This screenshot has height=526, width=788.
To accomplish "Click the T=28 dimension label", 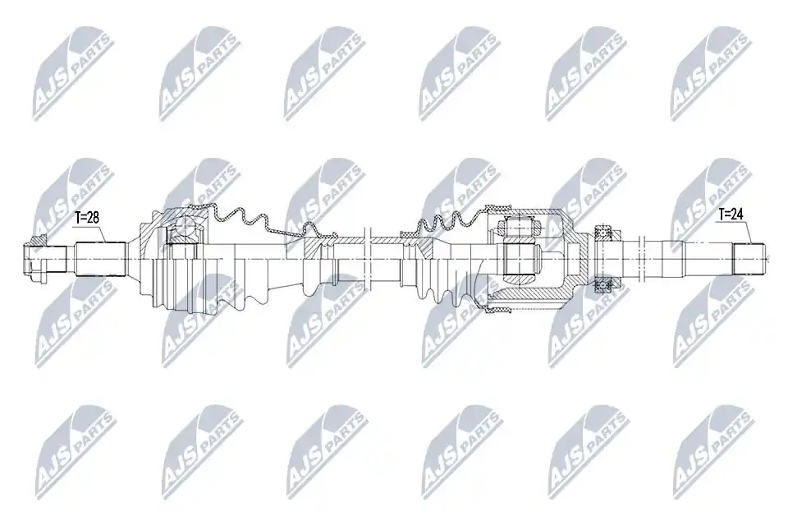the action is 86,218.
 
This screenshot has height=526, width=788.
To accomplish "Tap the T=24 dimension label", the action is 731,215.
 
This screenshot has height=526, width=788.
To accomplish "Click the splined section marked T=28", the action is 100,259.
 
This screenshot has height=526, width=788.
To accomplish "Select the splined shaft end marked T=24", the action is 749,259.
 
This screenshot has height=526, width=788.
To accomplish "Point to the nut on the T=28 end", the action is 34,259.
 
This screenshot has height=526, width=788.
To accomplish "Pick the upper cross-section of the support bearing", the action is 602,232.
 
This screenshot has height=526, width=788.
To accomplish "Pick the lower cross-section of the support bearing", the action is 602,286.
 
